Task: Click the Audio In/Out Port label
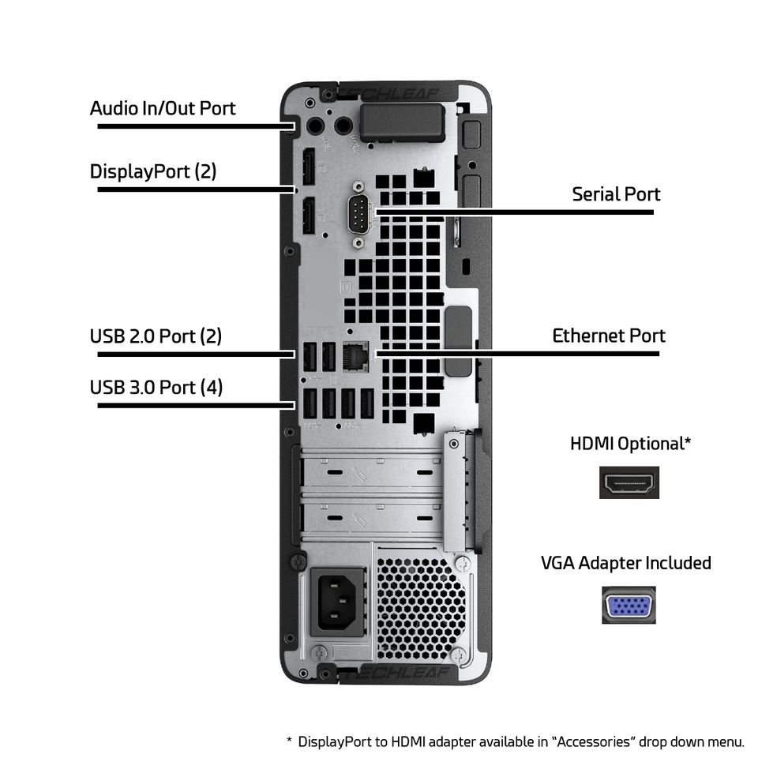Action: pyautogui.click(x=163, y=108)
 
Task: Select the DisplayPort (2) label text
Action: pyautogui.click(x=153, y=171)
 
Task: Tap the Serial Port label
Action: pyautogui.click(x=616, y=194)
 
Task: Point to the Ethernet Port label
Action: pyautogui.click(x=608, y=336)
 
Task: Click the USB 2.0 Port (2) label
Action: pyautogui.click(x=156, y=336)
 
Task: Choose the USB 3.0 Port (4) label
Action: pyautogui.click(x=156, y=388)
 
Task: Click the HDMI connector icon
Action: pyautogui.click(x=629, y=482)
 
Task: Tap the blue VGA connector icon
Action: pyautogui.click(x=629, y=606)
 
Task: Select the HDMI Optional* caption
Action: pyautogui.click(x=630, y=444)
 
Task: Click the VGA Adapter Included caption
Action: pyautogui.click(x=625, y=563)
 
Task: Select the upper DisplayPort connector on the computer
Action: pyautogui.click(x=309, y=167)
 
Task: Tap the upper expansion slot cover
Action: pyautogui.click(x=371, y=471)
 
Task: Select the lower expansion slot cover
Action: pyautogui.click(x=371, y=518)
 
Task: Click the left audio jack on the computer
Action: pyautogui.click(x=317, y=124)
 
